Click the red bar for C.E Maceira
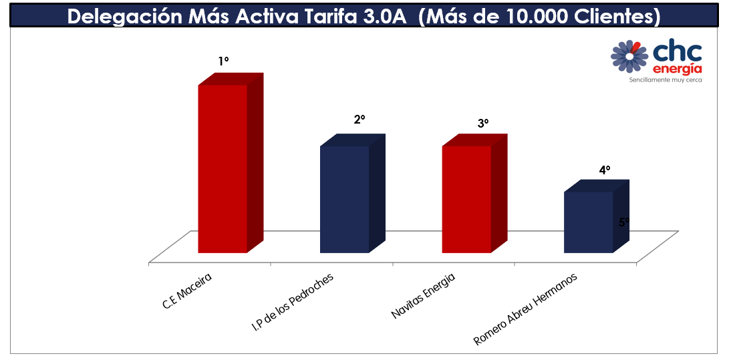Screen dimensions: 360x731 click(223, 168)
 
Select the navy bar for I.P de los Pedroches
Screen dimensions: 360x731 click(344, 199)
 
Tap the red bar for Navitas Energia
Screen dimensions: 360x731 click(466, 199)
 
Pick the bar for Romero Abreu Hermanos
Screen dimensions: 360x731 click(588, 222)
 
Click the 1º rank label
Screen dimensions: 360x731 click(223, 61)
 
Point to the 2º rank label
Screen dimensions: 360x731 click(359, 120)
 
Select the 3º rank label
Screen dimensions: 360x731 click(483, 124)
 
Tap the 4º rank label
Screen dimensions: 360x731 click(605, 170)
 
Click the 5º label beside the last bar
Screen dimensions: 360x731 click(624, 222)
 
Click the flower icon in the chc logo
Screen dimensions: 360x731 click(629, 56)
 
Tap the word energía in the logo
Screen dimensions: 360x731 click(677, 69)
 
